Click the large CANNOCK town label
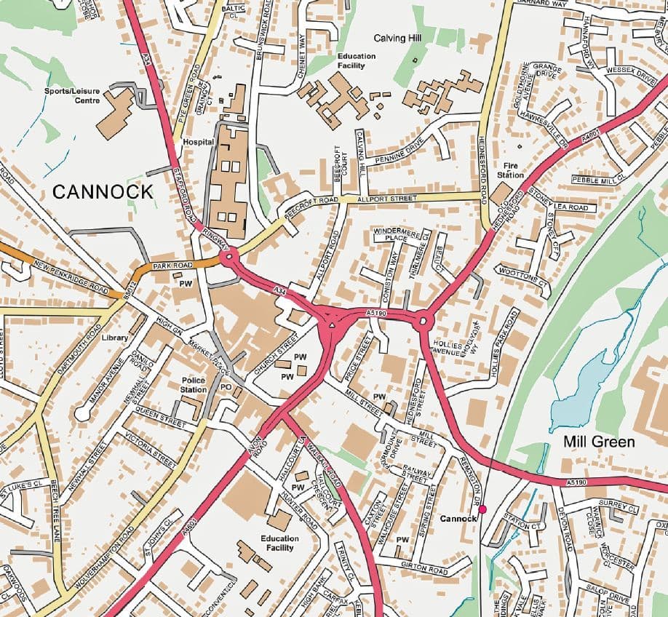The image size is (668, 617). (103, 192)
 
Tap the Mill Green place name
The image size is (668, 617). (599, 442)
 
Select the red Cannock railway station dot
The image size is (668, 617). (482, 510)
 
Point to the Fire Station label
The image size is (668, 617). (510, 171)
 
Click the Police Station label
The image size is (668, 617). (194, 385)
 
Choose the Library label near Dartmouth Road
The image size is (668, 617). (115, 338)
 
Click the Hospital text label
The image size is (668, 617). (197, 143)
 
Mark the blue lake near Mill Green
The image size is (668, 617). (582, 393)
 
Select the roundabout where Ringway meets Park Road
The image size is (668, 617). (230, 257)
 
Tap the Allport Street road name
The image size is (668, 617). (388, 199)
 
